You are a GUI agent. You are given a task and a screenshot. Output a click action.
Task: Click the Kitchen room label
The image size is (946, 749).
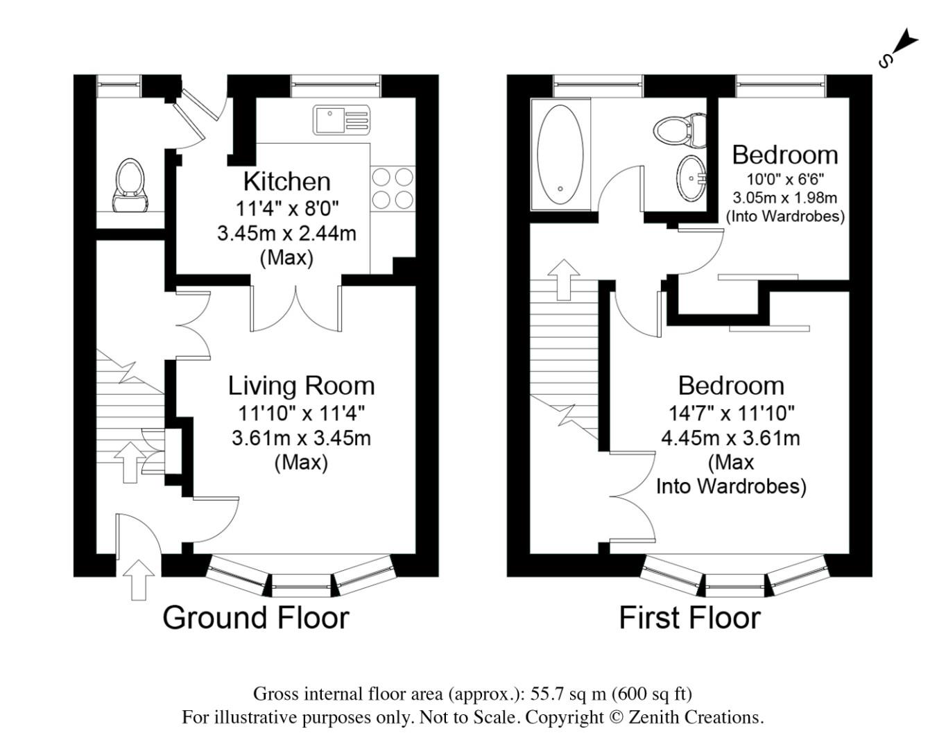click(x=287, y=182)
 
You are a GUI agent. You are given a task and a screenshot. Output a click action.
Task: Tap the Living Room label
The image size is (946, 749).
click(x=302, y=386)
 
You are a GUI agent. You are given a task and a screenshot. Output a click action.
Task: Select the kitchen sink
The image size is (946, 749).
click(x=341, y=120)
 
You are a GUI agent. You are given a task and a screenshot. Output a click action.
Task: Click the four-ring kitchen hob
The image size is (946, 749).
click(x=393, y=189)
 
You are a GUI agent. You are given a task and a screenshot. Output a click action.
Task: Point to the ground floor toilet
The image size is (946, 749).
click(x=130, y=186)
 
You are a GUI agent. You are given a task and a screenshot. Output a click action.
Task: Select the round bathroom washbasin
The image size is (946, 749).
click(x=691, y=178)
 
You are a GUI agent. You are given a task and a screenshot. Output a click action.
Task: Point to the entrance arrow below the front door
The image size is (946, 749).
click(x=139, y=580)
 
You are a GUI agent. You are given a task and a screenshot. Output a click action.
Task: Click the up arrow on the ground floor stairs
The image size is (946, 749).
click(x=130, y=463)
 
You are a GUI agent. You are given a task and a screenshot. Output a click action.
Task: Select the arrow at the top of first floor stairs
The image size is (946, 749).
click(x=564, y=279)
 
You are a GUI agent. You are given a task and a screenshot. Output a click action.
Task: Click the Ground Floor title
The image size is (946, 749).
click(x=256, y=617)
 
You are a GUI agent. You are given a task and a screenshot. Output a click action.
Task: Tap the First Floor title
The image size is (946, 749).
click(x=689, y=617)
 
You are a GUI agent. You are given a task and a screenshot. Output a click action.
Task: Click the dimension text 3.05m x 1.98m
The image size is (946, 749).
click(x=784, y=198)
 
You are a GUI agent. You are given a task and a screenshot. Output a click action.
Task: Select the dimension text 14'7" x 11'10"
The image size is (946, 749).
click(x=732, y=413)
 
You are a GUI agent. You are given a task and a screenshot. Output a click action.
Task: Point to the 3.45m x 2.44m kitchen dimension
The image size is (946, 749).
click(x=286, y=234)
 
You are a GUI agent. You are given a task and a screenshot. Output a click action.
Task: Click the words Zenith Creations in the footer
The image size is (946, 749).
click(x=696, y=717)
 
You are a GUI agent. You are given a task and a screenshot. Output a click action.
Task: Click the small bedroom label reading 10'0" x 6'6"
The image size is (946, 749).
click(x=784, y=179)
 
